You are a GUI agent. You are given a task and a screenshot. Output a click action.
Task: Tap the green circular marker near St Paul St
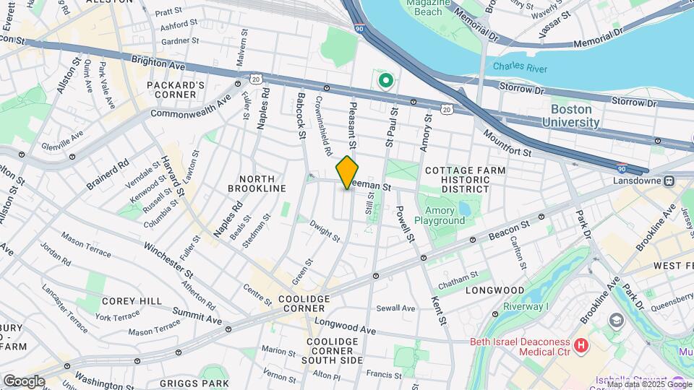[x=385, y=80]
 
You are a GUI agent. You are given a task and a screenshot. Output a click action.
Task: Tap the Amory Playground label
[x=440, y=214]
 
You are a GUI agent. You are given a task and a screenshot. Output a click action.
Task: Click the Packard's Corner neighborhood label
[x=176, y=90]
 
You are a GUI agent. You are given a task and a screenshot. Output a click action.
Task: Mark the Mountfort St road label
[x=507, y=144]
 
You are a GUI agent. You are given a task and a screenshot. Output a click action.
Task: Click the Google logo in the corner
[x=24, y=381]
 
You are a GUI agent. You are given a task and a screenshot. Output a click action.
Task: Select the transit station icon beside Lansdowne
[x=669, y=180]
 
